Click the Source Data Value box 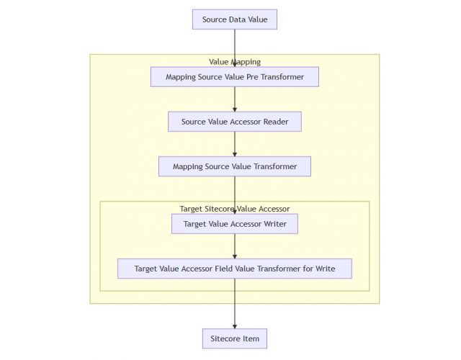234,19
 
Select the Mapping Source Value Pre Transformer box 234,77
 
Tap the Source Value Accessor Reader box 234,122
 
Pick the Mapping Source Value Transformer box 234,166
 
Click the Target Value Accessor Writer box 234,224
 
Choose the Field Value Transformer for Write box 234,269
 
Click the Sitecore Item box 234,338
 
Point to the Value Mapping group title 234,62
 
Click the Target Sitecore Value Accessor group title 234,209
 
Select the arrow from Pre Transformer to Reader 234,99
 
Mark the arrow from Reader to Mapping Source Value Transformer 234,144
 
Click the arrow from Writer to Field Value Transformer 234,246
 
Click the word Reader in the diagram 274,122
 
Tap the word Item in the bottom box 249,338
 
